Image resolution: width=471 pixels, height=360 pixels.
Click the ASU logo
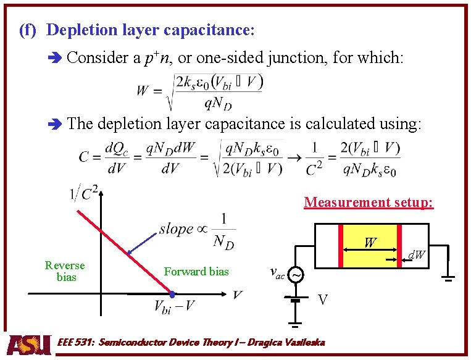pyautogui.click(x=28, y=344)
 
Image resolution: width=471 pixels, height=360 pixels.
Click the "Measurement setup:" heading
pyautogui.click(x=369, y=202)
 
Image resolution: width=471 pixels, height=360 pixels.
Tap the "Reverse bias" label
pyautogui.click(x=65, y=271)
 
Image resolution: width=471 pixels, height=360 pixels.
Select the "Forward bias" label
pyautogui.click(x=196, y=272)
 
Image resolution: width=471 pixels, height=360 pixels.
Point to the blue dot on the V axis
pyautogui.click(x=173, y=293)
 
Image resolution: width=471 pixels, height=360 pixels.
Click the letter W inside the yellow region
pyautogui.click(x=370, y=243)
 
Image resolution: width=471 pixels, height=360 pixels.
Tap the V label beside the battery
pyautogui.click(x=322, y=300)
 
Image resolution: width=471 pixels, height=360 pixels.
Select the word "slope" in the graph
pyautogui.click(x=177, y=228)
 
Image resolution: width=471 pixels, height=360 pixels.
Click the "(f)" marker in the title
pyautogui.click(x=28, y=30)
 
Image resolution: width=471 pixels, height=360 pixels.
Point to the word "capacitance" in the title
pyautogui.click(x=212, y=30)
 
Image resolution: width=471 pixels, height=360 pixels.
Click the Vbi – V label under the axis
pyautogui.click(x=175, y=306)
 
